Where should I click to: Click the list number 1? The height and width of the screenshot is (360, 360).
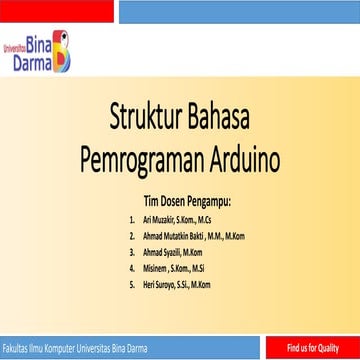[131, 217]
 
